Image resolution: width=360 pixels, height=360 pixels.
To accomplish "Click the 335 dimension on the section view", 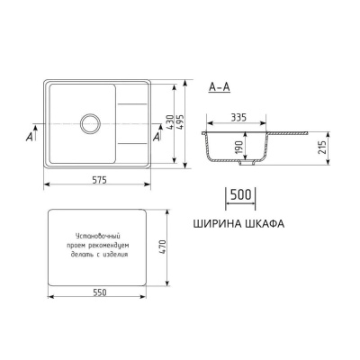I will [238, 118].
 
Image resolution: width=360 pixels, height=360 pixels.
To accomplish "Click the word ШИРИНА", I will [216, 224].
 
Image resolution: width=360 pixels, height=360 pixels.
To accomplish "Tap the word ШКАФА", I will [263, 224].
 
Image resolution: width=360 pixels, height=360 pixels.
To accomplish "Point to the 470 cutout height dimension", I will [166, 246].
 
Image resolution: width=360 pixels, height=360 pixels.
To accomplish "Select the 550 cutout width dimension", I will [96, 293].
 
